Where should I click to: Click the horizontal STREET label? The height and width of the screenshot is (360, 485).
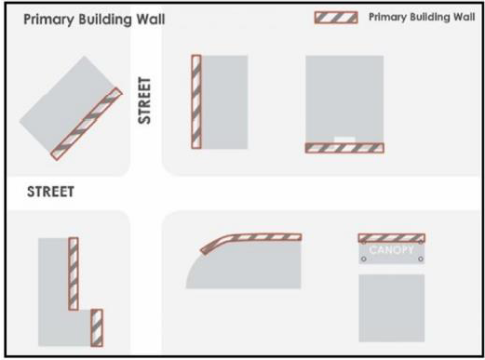click(x=50, y=192)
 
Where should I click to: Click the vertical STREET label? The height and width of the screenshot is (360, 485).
click(x=144, y=100)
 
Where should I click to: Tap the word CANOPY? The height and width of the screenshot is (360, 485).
click(x=392, y=249)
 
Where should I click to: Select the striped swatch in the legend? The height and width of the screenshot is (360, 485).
click(x=336, y=18)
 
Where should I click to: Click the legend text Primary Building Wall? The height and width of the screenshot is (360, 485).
click(x=422, y=17)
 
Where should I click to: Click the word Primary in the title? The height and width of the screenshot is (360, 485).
click(x=49, y=20)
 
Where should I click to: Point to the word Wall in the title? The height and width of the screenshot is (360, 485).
click(x=151, y=20)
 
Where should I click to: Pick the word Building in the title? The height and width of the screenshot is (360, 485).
click(x=105, y=20)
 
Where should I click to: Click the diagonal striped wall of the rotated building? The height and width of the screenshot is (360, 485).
click(x=87, y=124)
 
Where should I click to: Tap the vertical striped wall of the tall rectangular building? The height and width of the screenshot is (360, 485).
click(x=196, y=101)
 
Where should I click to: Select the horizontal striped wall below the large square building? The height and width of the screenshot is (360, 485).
click(x=344, y=148)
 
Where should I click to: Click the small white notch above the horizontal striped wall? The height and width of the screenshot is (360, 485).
click(x=344, y=140)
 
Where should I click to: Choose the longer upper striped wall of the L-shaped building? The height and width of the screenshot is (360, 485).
click(x=74, y=273)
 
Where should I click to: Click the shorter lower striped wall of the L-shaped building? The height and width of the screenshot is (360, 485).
click(x=97, y=327)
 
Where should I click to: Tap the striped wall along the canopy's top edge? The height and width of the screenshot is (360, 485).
click(x=392, y=238)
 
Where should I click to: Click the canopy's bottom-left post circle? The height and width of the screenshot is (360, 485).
click(x=364, y=259)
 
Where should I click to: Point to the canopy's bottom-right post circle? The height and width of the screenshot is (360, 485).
click(x=421, y=259)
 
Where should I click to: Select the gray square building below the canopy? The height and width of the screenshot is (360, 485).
click(x=392, y=308)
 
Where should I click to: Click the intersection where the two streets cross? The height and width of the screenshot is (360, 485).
click(x=146, y=193)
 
